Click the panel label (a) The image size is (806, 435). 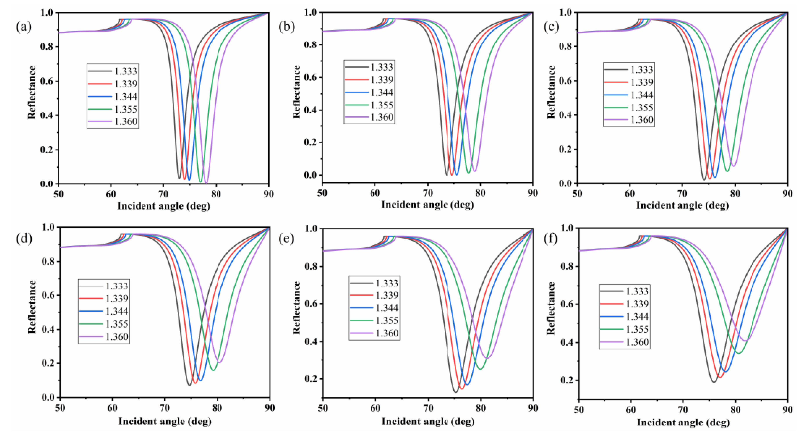point(23,27)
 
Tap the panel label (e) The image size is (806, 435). point(286,239)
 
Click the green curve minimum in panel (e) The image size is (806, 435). point(480,369)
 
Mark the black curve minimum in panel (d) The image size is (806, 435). point(189,385)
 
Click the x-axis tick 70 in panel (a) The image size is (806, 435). point(163,194)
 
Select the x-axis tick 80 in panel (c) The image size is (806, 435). point(735,194)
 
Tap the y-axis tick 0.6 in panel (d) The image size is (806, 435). point(49,295)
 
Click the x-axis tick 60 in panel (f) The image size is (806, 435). point(631,409)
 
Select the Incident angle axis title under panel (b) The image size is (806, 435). point(427,205)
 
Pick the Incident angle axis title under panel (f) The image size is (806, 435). point(683,422)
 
